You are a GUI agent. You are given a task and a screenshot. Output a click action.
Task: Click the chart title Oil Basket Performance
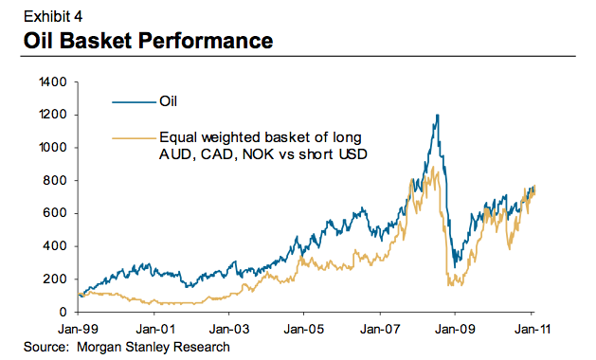[140, 41]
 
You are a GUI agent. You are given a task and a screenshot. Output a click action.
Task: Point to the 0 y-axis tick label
[63, 312]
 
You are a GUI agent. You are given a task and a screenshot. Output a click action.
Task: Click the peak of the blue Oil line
[437, 116]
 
